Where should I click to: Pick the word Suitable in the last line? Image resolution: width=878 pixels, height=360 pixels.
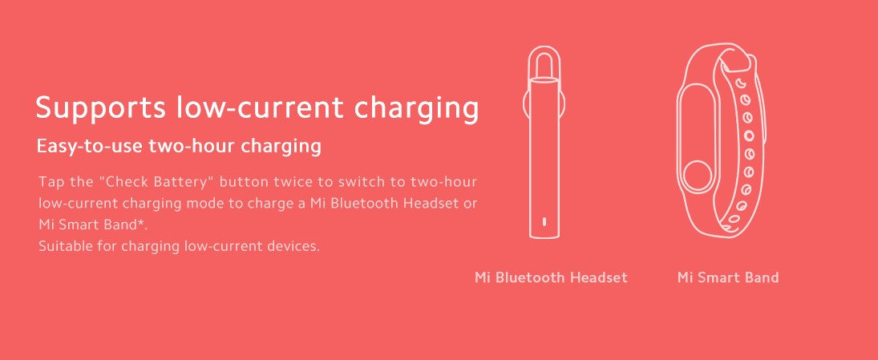pos(64,246)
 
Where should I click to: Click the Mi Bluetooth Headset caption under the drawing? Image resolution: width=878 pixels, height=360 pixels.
pos(551,278)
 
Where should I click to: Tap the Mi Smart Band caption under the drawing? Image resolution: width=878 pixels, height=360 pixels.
pos(728,278)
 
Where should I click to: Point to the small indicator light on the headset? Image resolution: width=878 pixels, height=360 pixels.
pos(544,222)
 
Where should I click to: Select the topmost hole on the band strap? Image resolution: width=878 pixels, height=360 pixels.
pos(739,83)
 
